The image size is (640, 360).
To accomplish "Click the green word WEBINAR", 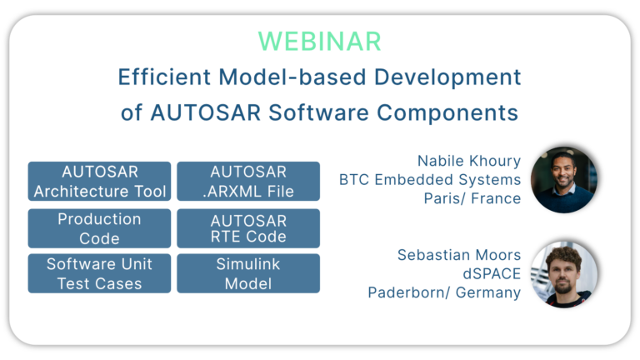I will point(319,41).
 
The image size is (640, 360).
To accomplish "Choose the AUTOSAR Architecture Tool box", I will point(99,182).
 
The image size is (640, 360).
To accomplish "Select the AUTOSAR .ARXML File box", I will point(248,182).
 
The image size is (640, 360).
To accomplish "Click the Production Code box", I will point(99,228).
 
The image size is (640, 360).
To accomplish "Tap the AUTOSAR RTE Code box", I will point(248,228).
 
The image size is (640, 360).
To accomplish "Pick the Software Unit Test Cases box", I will point(99,273).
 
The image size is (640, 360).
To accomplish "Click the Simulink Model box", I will point(248,273).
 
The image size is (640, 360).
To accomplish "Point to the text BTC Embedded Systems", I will point(429,179).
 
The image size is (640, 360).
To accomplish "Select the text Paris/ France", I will point(472,198).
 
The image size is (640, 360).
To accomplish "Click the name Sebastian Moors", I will point(458,254).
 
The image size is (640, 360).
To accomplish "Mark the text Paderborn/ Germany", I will point(444,292).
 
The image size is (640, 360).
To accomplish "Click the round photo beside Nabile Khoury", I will point(564,179).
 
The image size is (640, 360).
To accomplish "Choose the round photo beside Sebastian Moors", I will point(564,273).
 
